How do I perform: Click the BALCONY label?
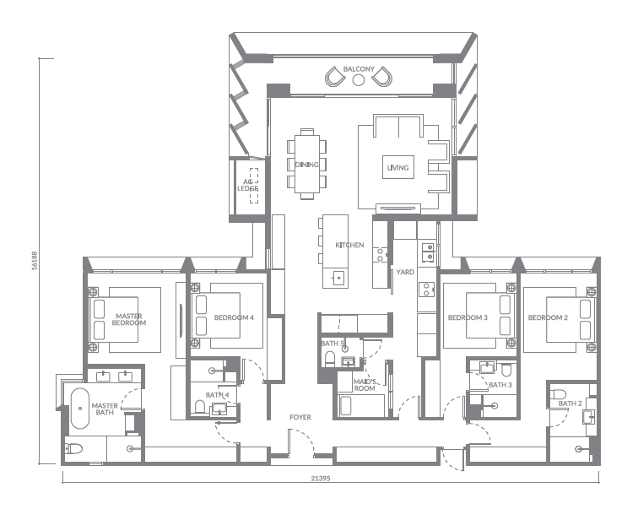358,68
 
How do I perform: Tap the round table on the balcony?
358,79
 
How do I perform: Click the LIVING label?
397,168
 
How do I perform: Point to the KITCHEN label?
349,246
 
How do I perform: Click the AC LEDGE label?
247,185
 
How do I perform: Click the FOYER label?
300,417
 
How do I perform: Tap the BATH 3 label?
500,385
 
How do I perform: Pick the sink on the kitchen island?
338,276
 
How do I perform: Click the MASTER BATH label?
105,409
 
